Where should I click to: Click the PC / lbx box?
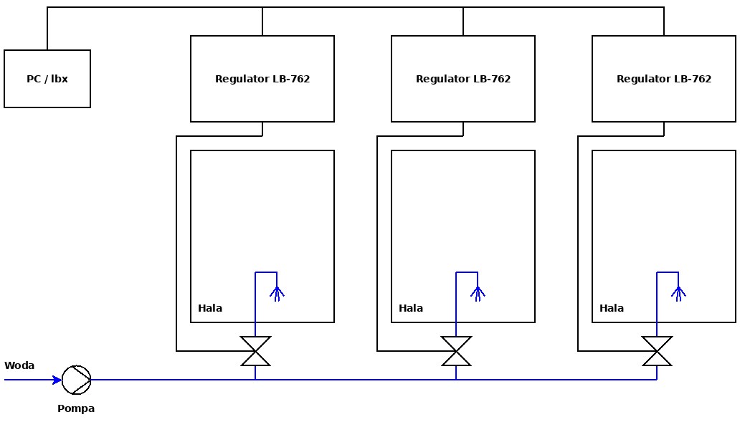click(47, 79)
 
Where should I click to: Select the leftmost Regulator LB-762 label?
click(262, 79)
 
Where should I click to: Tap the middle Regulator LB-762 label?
click(463, 79)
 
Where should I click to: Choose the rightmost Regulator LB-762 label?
click(664, 79)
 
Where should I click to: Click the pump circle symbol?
click(76, 380)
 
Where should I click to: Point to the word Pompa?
click(76, 408)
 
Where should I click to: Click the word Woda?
click(19, 365)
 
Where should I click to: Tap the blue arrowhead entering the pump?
click(57, 380)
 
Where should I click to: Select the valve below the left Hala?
click(255, 351)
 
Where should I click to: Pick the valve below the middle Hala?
click(456, 351)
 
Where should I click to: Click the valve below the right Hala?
click(657, 351)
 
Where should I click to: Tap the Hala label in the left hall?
click(210, 308)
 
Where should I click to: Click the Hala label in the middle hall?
click(411, 308)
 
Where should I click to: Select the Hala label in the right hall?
click(612, 308)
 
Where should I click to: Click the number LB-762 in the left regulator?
click(291, 79)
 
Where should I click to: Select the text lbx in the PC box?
click(60, 79)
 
